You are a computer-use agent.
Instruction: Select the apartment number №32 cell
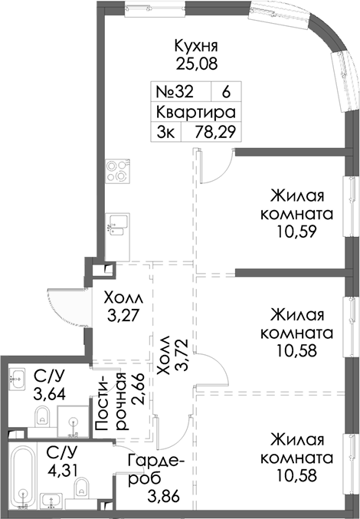click(x=174, y=90)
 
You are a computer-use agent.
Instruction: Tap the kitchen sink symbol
click(x=118, y=225)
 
